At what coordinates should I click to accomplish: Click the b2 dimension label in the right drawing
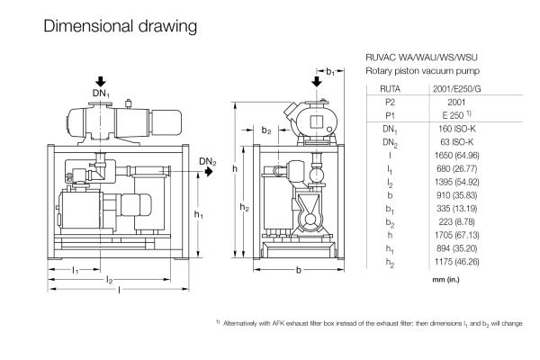[x=266, y=131]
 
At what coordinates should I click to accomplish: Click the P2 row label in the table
[x=391, y=103]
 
